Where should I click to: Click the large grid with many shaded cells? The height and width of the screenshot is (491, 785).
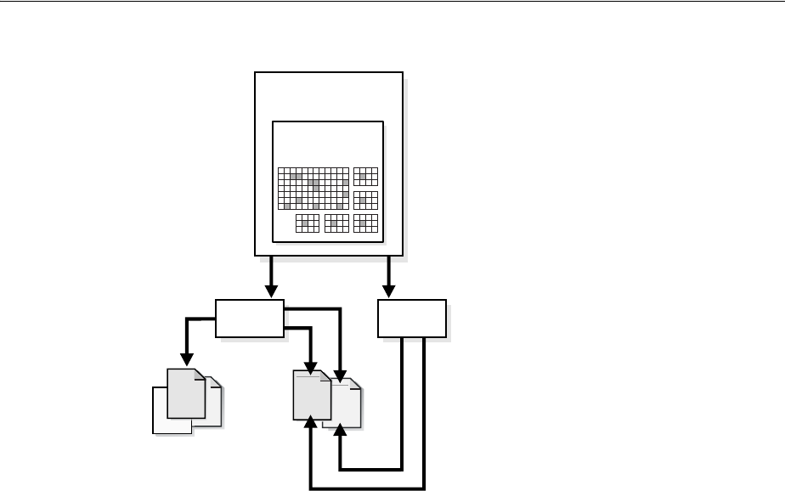(x=313, y=188)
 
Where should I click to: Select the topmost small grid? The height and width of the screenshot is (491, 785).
(x=365, y=176)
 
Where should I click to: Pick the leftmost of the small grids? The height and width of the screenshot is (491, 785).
(x=308, y=223)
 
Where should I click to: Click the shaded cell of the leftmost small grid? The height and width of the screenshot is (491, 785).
(x=305, y=223)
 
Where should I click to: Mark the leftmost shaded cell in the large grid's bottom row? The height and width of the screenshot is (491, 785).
(x=287, y=206)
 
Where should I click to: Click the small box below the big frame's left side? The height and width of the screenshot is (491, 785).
(x=249, y=318)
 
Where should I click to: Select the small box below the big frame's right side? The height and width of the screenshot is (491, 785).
(x=412, y=318)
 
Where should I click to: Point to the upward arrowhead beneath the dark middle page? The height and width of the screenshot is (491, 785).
(x=312, y=424)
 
